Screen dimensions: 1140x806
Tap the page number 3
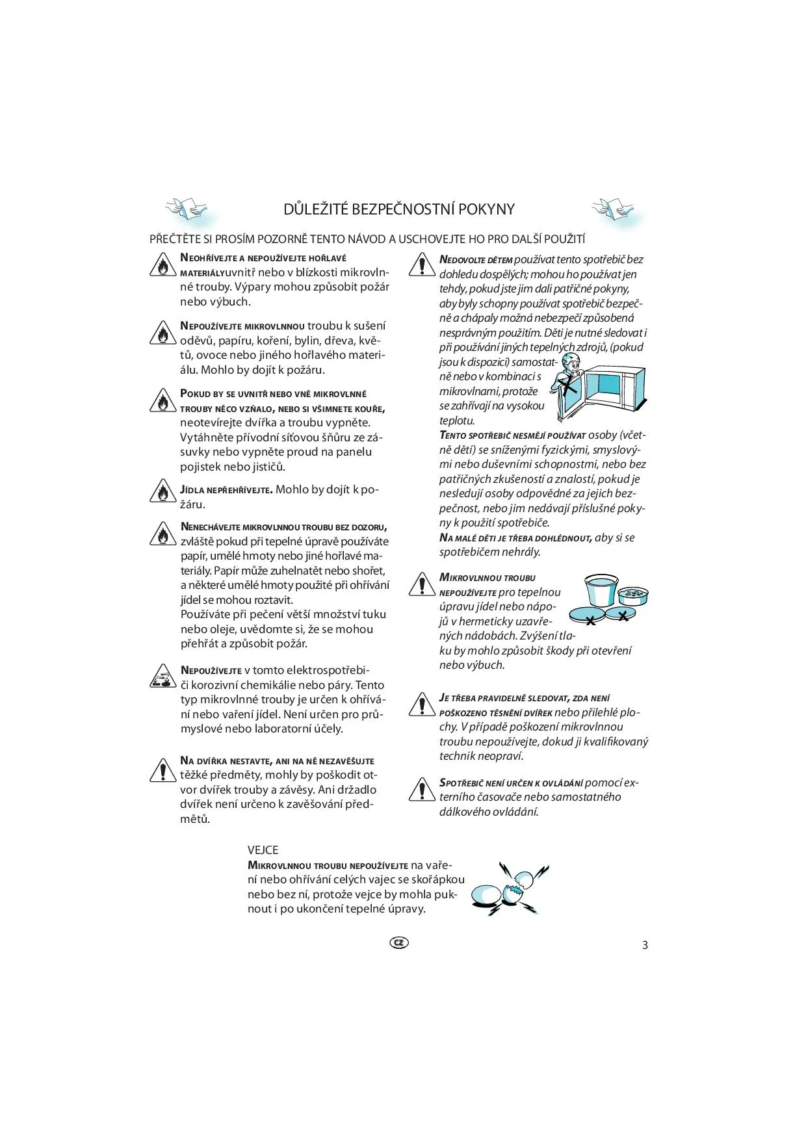click(645, 945)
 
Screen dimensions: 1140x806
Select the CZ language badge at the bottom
click(399, 942)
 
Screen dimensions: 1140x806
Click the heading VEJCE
click(263, 849)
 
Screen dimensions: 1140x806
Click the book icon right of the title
click(614, 209)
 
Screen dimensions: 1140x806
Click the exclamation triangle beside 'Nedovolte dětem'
click(422, 264)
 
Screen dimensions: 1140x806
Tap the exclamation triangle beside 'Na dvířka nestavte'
click(160, 770)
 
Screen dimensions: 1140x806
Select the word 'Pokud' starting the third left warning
click(196, 394)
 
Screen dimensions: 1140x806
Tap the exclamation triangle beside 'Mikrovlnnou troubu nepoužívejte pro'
click(422, 584)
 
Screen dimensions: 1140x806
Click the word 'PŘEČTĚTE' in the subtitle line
click(175, 239)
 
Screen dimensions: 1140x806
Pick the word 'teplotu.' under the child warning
click(457, 421)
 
